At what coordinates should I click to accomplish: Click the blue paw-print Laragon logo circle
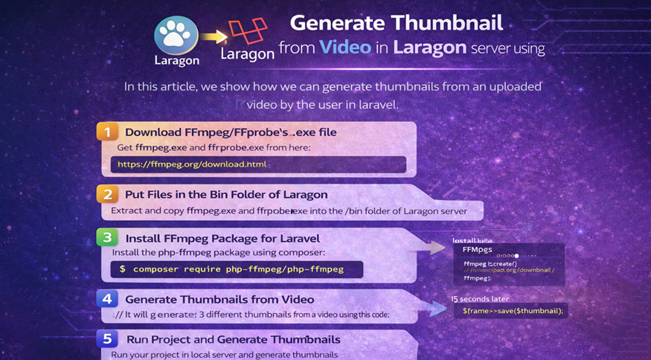(x=176, y=34)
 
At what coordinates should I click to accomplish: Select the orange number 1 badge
(x=107, y=132)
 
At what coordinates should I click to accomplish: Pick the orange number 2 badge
(x=107, y=195)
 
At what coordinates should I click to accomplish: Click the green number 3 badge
(x=107, y=238)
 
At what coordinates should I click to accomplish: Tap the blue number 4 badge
(x=107, y=299)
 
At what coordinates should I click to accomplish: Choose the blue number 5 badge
(x=107, y=339)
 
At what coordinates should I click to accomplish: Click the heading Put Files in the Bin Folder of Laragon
(x=226, y=195)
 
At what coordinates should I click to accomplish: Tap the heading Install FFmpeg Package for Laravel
(x=222, y=238)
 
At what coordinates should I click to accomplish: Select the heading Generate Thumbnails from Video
(x=219, y=299)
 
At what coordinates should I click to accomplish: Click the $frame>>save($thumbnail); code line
(x=513, y=310)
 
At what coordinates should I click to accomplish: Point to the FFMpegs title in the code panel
(x=477, y=250)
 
